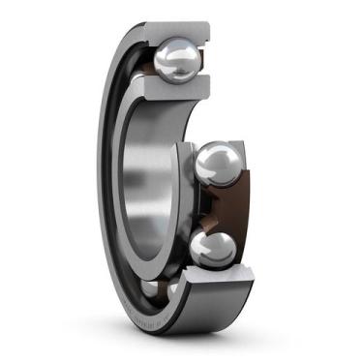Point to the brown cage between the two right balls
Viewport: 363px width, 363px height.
[232, 205]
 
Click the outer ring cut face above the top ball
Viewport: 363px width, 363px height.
[180, 29]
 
